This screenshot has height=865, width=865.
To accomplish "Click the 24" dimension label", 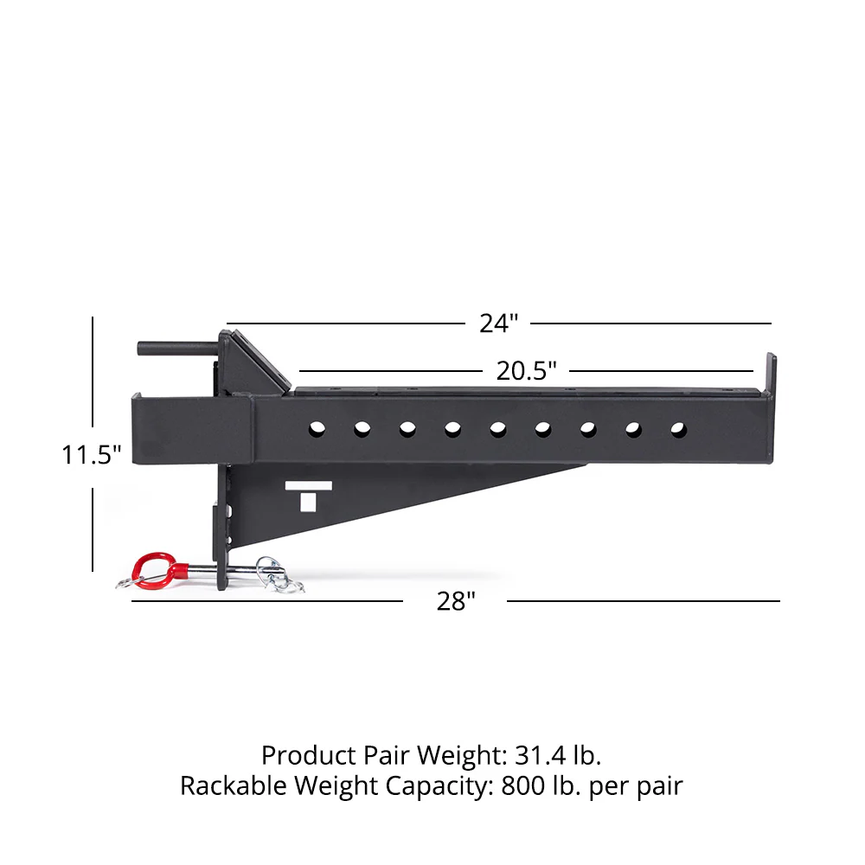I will click(498, 324).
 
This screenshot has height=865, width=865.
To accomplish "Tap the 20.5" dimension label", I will click(526, 371).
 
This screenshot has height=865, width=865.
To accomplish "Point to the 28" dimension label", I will click(456, 601).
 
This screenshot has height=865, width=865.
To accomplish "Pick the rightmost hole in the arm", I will click(679, 427).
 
